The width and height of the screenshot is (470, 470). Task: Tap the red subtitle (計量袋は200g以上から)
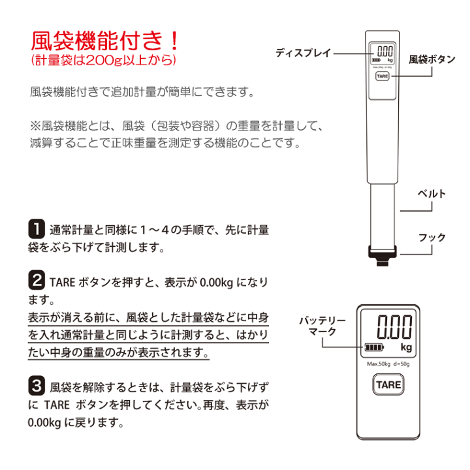point(103,61)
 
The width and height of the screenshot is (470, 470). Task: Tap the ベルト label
point(432,194)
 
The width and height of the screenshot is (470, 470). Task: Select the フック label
point(432,238)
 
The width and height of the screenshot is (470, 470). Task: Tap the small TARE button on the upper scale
point(382,76)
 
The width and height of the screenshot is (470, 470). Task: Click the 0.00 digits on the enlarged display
point(396,325)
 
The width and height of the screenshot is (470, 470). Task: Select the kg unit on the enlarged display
point(406,347)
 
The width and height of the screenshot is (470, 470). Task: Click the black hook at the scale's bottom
point(382,255)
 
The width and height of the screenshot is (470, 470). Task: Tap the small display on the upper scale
point(382,55)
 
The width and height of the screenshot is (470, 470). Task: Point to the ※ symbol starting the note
point(35,124)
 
